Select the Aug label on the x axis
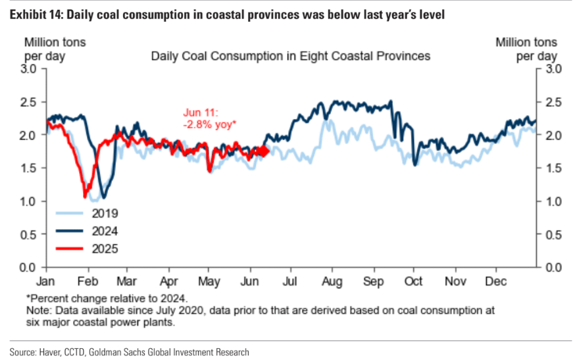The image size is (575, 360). (333, 279)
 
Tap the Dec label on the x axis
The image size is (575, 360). (496, 279)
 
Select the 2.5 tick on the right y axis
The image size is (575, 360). (552, 102)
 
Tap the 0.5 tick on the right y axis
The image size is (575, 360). (552, 234)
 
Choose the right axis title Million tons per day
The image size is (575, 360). (526, 49)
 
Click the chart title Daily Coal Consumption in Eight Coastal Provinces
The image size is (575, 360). (291, 56)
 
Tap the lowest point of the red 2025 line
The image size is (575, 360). (85, 196)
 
